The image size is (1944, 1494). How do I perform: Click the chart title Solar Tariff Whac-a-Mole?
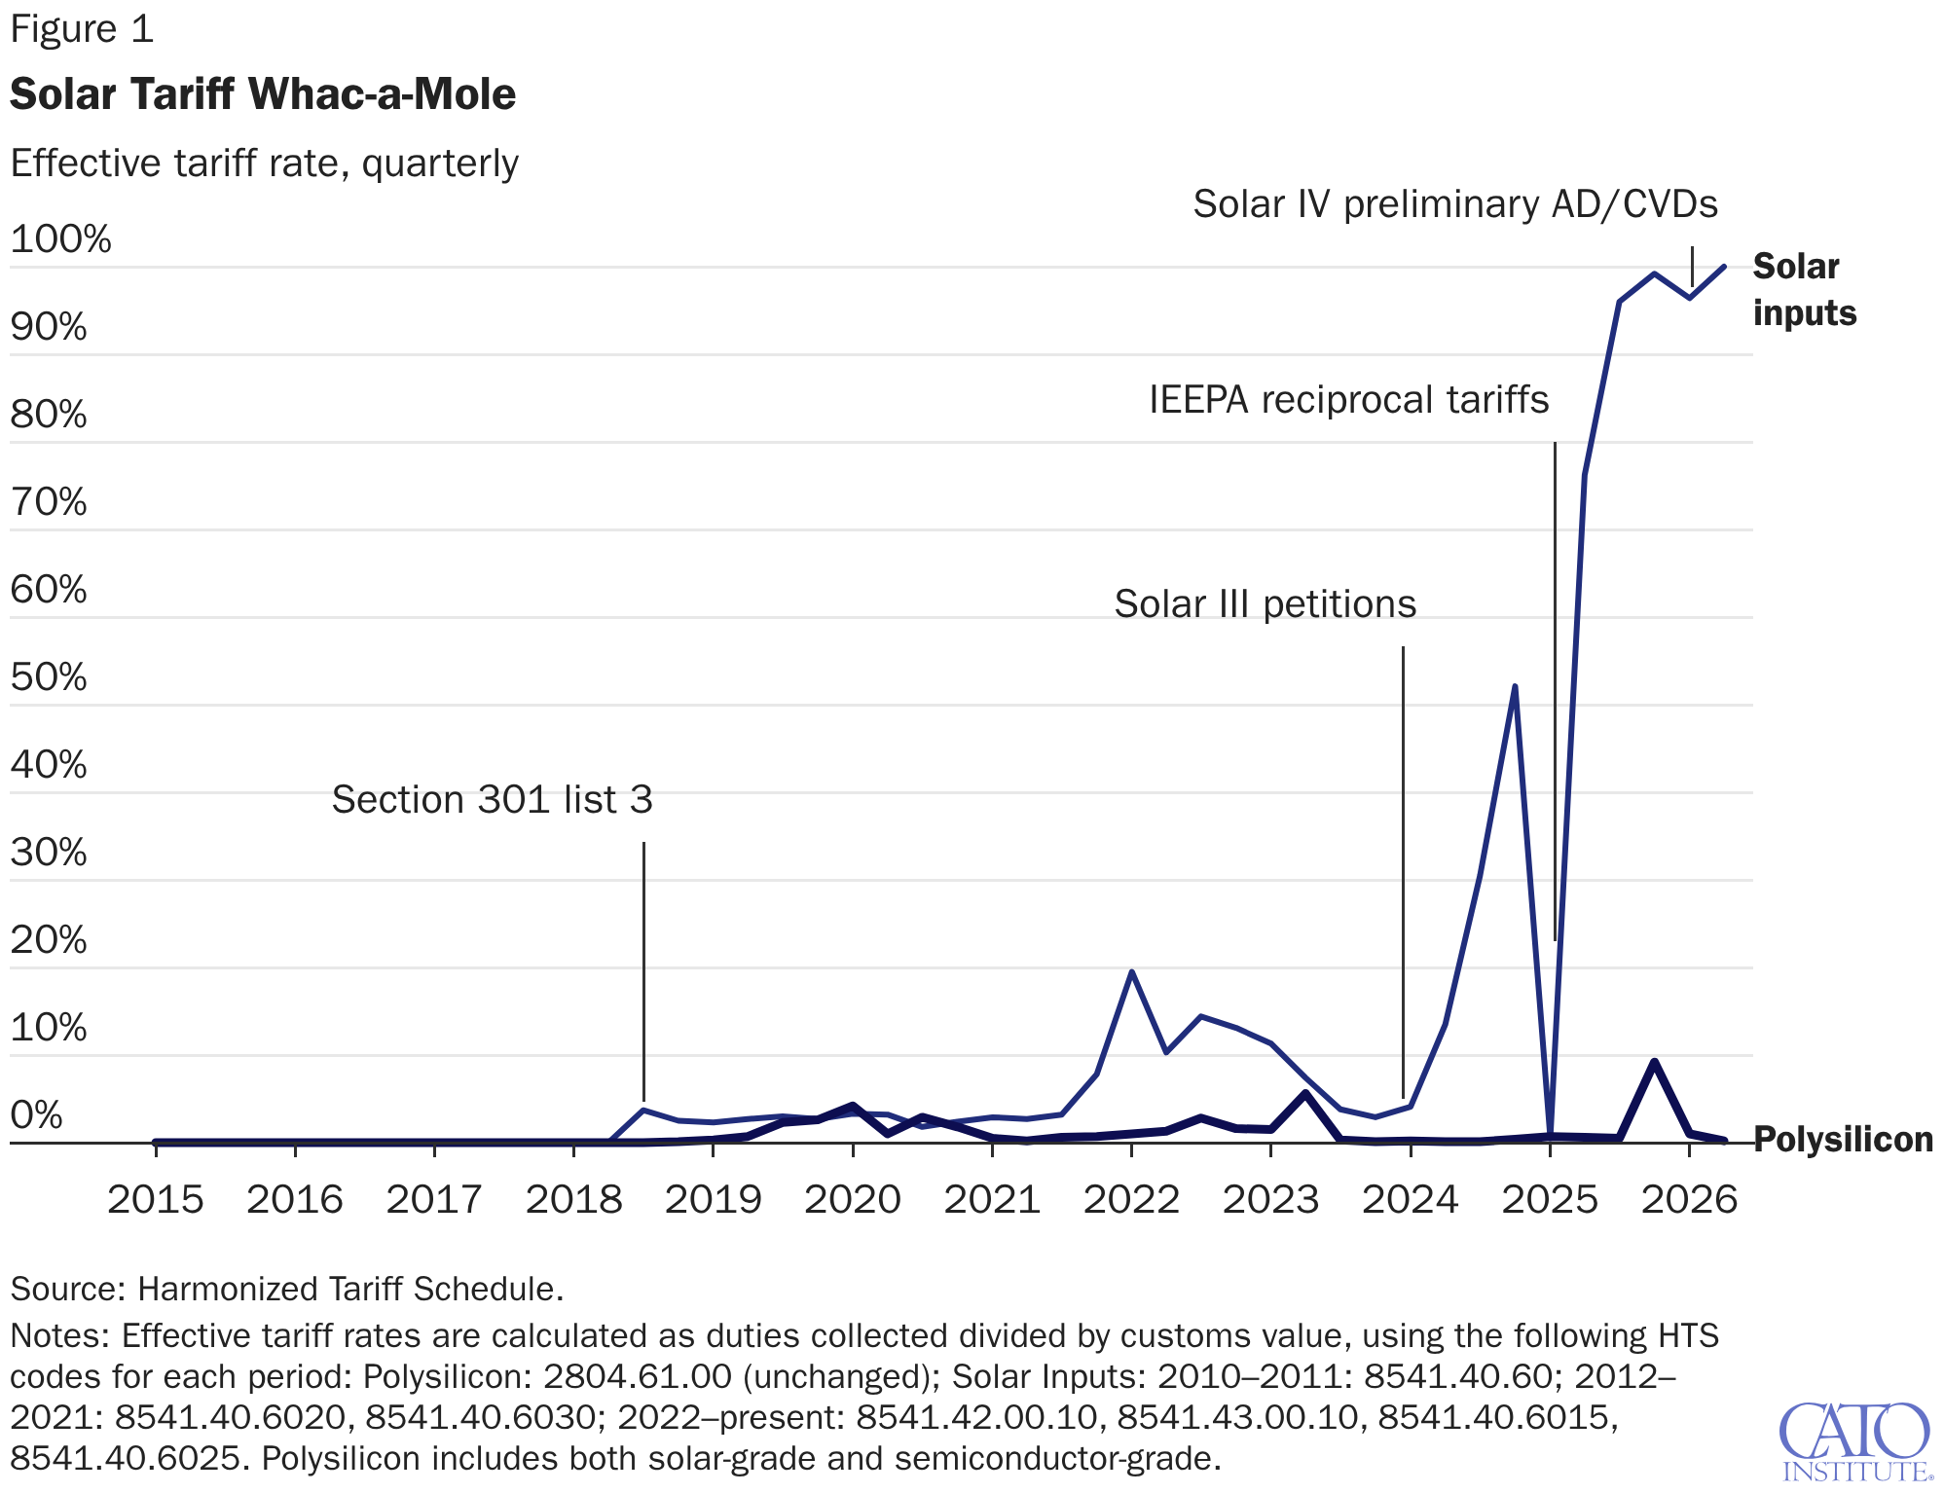[x=263, y=94]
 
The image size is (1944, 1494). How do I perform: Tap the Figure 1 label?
[x=82, y=29]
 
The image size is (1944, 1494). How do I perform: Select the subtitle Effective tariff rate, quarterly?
[x=264, y=164]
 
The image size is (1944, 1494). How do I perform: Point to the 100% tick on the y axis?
[x=60, y=238]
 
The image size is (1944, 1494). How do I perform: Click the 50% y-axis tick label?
[x=49, y=676]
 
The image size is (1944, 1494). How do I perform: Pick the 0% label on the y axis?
[x=37, y=1114]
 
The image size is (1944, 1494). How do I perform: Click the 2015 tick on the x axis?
[x=156, y=1199]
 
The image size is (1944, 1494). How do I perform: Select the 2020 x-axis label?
[x=853, y=1199]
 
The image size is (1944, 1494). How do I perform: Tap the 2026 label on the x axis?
[x=1690, y=1199]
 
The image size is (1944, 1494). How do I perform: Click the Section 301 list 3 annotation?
[x=492, y=799]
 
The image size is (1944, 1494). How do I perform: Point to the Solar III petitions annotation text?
[x=1265, y=604]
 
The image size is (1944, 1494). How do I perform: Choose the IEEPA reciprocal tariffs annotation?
[x=1348, y=400]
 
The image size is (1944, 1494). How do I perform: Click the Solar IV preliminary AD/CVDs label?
[x=1455, y=204]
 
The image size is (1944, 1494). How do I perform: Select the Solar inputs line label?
[x=1805, y=289]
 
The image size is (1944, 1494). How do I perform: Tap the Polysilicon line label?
[x=1843, y=1139]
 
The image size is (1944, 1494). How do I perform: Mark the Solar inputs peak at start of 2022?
[x=1131, y=972]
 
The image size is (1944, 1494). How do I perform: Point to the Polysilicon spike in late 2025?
[x=1654, y=1061]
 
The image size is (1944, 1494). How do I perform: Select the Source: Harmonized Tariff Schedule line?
[x=287, y=1289]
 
